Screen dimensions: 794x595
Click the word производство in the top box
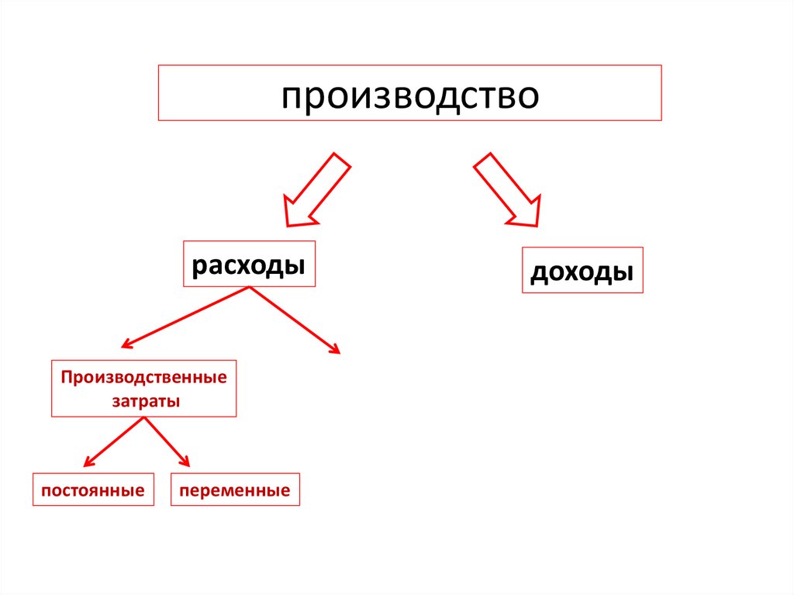pyautogui.click(x=409, y=95)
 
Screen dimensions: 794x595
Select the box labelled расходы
pyautogui.click(x=249, y=265)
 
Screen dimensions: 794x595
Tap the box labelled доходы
pyautogui.click(x=582, y=270)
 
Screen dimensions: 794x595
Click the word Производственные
pyautogui.click(x=144, y=378)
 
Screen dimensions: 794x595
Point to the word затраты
pyautogui.click(x=143, y=402)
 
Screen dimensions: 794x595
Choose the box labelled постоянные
pyautogui.click(x=93, y=490)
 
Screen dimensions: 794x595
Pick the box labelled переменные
pyautogui.click(x=234, y=490)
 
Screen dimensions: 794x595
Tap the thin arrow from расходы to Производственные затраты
pyautogui.click(x=186, y=317)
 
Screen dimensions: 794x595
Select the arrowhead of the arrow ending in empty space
pyautogui.click(x=335, y=349)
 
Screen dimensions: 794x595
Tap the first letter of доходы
pyautogui.click(x=538, y=273)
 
